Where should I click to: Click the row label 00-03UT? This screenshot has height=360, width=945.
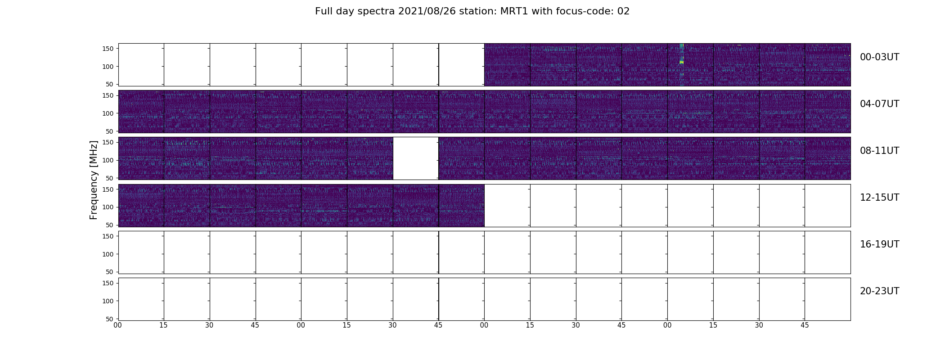tap(879, 57)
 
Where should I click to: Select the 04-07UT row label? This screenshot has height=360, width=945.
tap(879, 104)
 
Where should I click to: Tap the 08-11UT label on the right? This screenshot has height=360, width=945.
tap(879, 151)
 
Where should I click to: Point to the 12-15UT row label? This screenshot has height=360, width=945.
tap(879, 198)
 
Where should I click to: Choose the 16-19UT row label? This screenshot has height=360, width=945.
tap(879, 244)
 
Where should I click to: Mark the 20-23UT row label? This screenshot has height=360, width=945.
tap(879, 291)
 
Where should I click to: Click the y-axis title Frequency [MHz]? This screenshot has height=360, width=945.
tap(94, 180)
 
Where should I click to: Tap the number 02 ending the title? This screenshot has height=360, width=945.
tap(624, 11)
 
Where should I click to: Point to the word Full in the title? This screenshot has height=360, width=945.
tap(324, 11)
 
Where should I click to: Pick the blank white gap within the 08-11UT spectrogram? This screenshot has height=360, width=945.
tap(416, 158)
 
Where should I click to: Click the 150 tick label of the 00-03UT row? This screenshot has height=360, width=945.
tap(108, 49)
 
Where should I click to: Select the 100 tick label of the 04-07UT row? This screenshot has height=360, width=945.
tap(108, 113)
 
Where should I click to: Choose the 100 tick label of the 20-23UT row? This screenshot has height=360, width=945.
tap(108, 301)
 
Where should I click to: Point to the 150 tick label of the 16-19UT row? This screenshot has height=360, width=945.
tap(108, 236)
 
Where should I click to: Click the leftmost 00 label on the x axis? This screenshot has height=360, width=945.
tap(118, 325)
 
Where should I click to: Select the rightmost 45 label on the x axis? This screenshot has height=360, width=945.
tap(805, 325)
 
